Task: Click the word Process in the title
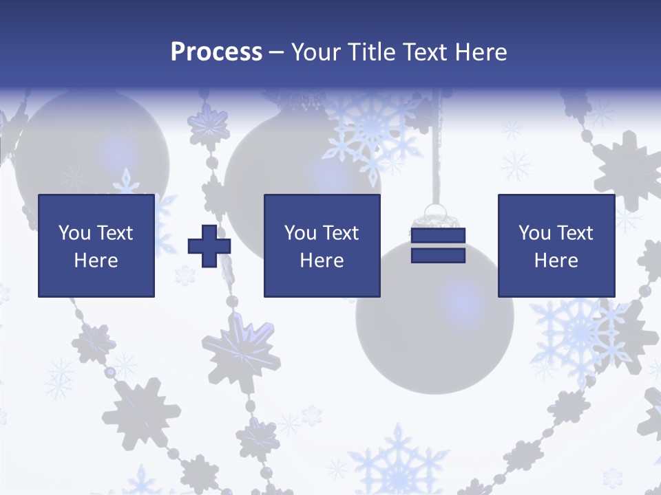coord(216,52)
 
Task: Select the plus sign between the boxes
coord(209,245)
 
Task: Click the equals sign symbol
coord(438,245)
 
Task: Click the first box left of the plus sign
coord(96,245)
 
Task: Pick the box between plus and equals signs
coord(322,245)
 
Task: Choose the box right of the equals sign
coord(556,245)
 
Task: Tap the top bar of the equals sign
coord(438,236)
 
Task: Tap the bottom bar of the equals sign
coord(438,255)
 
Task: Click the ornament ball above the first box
coord(93,148)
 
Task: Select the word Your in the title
coord(315,52)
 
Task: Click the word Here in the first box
coord(96,261)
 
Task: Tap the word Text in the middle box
coord(340,233)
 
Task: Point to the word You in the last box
coord(534,233)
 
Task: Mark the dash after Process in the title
coord(277,53)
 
